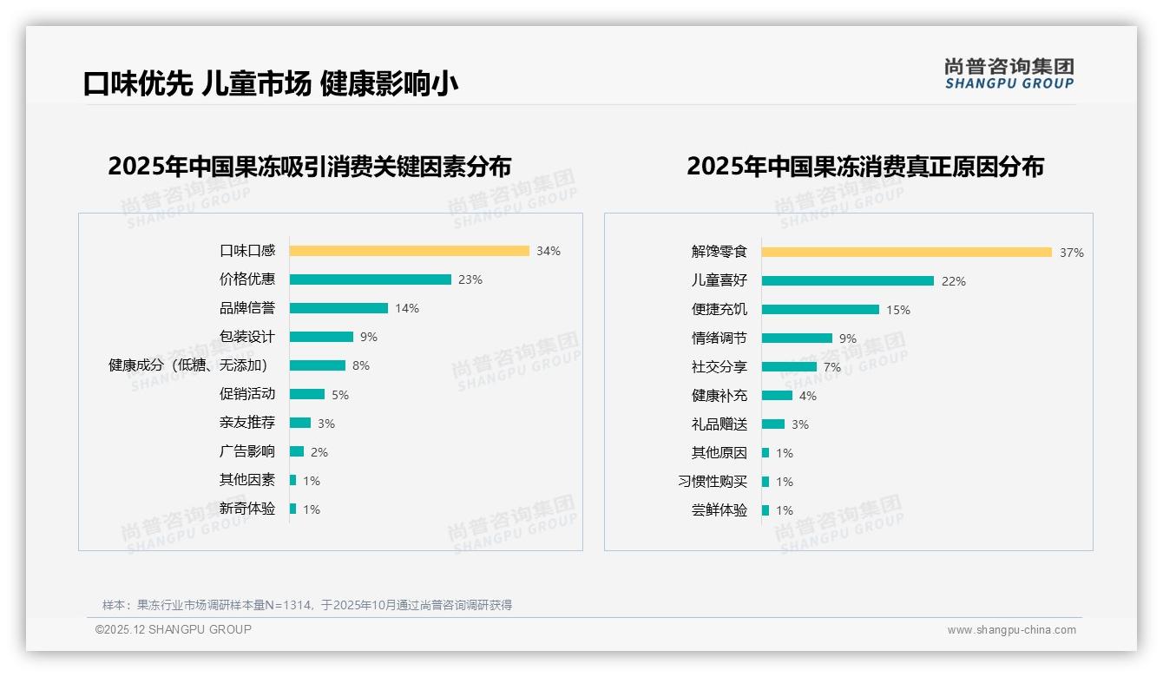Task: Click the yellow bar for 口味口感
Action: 409,251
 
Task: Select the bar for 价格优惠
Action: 370,279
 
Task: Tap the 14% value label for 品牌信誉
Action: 407,308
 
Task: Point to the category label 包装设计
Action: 247,337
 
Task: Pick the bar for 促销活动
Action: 306,394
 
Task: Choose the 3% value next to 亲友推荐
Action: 325,424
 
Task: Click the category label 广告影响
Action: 247,451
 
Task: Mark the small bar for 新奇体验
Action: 292,509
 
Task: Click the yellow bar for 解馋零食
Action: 906,252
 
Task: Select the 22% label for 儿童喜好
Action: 954,281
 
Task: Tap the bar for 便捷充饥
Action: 820,309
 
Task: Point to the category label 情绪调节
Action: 719,338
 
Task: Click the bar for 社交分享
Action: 789,367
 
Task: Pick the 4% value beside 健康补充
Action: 807,396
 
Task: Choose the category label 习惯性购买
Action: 713,482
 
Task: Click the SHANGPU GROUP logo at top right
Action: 1009,74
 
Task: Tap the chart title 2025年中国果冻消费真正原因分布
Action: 865,167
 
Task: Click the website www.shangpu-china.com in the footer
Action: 1011,630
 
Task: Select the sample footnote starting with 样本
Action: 307,605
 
